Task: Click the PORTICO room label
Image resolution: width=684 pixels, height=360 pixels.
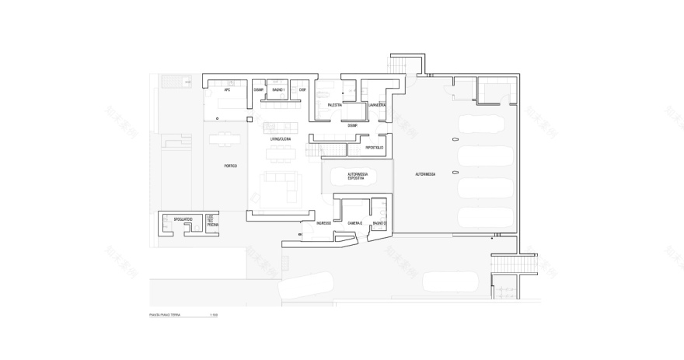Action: click(230, 166)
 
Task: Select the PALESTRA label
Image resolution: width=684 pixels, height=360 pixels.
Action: click(336, 103)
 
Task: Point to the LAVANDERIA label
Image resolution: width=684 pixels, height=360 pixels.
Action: click(378, 103)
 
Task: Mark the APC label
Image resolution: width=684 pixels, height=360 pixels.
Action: click(227, 90)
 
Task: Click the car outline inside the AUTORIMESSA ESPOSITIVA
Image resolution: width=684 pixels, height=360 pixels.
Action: click(357, 179)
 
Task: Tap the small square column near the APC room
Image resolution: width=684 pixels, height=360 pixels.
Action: click(249, 119)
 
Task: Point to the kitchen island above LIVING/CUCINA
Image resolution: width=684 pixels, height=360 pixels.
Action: click(280, 127)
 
